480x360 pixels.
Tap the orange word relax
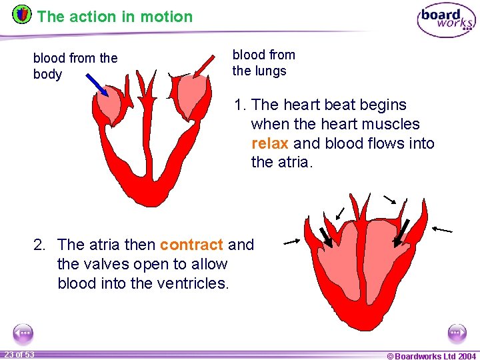[269, 143]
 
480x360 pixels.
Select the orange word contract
[191, 245]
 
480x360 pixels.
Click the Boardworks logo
[445, 20]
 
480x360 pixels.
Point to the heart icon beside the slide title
[22, 14]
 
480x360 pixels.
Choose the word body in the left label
[47, 75]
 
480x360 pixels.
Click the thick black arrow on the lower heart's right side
[402, 234]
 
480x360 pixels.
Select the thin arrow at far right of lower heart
[442, 229]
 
